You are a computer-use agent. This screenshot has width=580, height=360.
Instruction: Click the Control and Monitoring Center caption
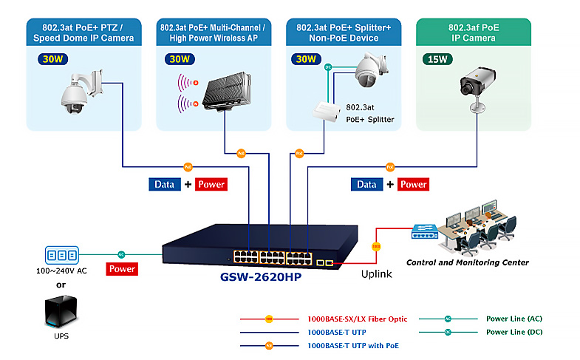[468, 262]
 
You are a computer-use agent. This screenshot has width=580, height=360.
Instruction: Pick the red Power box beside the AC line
[122, 269]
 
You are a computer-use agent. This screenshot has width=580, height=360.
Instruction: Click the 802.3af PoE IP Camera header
[474, 32]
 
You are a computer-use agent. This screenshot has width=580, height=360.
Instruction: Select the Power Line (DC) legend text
[514, 332]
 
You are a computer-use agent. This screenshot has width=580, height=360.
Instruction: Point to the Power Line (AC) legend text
[514, 319]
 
